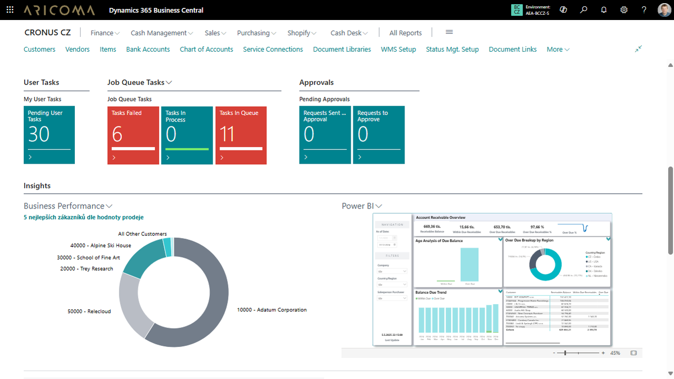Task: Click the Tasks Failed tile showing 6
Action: (x=133, y=135)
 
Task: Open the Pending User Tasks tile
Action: (x=49, y=135)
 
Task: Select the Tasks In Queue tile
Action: (x=241, y=135)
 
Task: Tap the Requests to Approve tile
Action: (x=379, y=135)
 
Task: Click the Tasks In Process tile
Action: (x=186, y=135)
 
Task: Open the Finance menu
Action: (x=105, y=33)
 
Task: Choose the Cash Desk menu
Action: (x=349, y=33)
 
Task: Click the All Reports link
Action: (x=405, y=33)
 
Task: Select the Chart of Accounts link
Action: (x=206, y=49)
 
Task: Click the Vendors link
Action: (x=77, y=49)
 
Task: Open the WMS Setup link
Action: (x=398, y=49)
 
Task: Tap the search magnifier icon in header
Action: (x=583, y=10)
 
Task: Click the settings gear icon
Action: (x=624, y=10)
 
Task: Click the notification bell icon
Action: (x=604, y=10)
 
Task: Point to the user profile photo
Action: (x=664, y=10)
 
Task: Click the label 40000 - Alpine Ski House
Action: (x=101, y=245)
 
